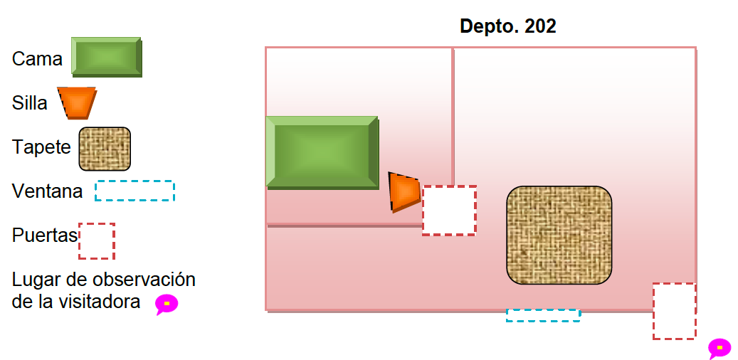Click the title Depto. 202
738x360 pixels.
click(x=507, y=27)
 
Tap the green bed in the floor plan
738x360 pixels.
click(x=322, y=152)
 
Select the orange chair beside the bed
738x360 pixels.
click(x=404, y=191)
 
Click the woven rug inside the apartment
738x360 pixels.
click(x=559, y=235)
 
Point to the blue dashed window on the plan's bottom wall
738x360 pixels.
click(x=543, y=315)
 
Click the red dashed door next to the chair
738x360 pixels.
click(x=449, y=210)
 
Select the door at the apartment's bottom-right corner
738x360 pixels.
click(x=674, y=311)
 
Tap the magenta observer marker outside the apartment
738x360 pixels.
click(x=719, y=348)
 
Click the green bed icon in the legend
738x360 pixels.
click(x=106, y=56)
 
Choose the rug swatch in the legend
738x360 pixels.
click(x=105, y=149)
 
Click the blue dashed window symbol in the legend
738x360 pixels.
click(x=135, y=191)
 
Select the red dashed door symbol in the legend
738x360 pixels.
click(x=97, y=241)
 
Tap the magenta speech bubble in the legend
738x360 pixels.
click(x=167, y=304)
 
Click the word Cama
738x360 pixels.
click(x=37, y=59)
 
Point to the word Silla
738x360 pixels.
click(x=30, y=103)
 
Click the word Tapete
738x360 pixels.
click(x=41, y=147)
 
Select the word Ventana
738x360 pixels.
click(x=47, y=191)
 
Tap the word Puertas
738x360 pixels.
click(x=44, y=235)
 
